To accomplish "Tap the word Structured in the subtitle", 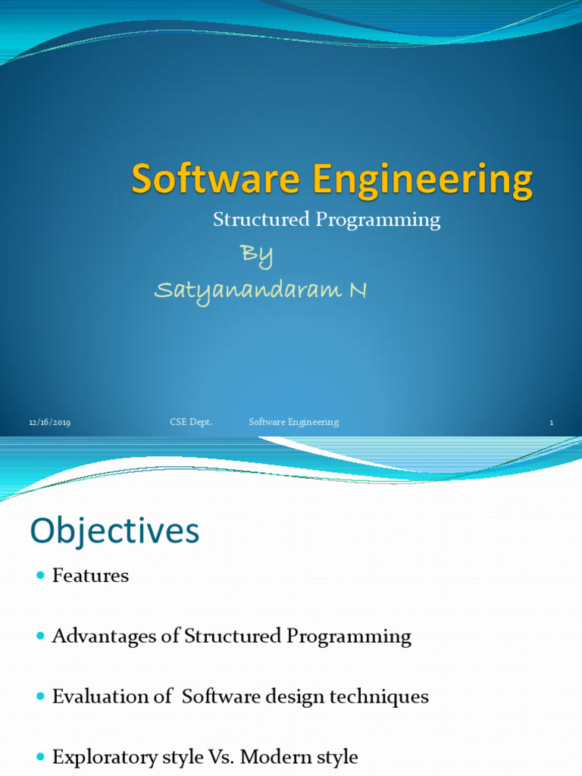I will tap(251, 220).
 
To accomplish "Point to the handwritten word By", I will tap(256, 255).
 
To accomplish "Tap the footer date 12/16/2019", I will tap(50, 422).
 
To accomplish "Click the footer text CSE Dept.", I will tap(190, 422).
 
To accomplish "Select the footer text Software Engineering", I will tap(294, 422).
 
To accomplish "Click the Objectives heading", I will tap(114, 531).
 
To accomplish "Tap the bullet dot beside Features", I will tap(41, 576).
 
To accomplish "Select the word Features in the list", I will tap(90, 576).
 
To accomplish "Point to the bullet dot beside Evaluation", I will tap(41, 696).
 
